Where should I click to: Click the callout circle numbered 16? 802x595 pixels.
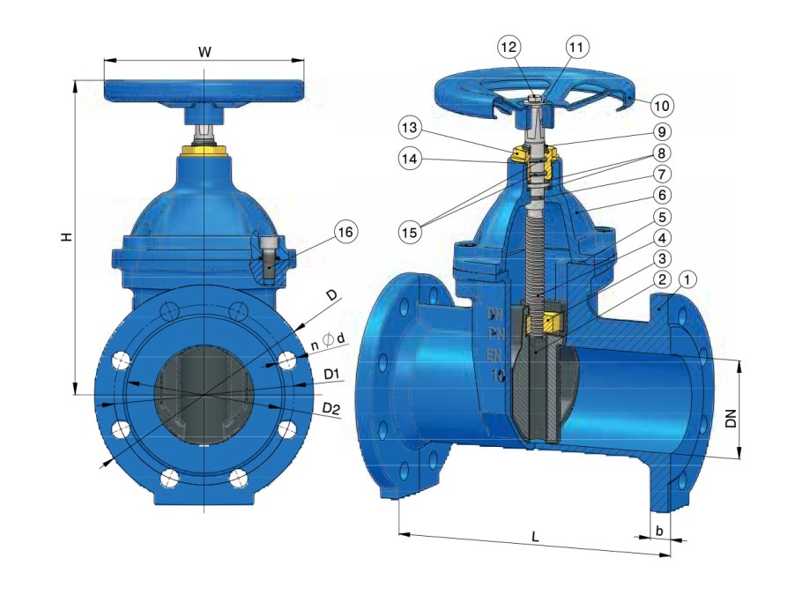coord(346,231)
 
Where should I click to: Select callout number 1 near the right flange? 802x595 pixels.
coord(688,279)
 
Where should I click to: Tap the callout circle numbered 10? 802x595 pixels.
coord(662,105)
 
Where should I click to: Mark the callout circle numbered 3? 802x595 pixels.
coord(662,258)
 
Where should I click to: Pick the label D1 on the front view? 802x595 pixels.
coord(331,376)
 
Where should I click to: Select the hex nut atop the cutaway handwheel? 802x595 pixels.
coord(534,104)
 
